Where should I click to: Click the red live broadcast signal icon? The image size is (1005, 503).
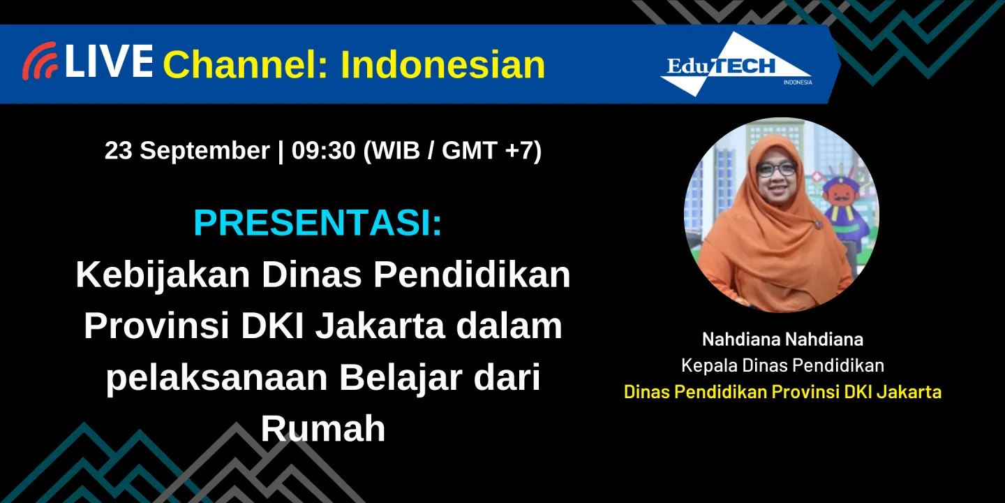pyautogui.click(x=40, y=61)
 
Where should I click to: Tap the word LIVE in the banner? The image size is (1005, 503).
pyautogui.click(x=109, y=61)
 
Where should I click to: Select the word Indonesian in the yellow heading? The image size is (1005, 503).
pyautogui.click(x=442, y=65)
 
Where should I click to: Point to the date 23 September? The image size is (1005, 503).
pyautogui.click(x=187, y=150)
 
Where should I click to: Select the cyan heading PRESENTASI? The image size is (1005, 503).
pyautogui.click(x=318, y=223)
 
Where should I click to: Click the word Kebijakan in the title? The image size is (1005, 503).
pyautogui.click(x=162, y=275)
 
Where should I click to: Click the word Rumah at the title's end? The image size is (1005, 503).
pyautogui.click(x=322, y=429)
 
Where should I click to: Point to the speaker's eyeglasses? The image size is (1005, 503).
pyautogui.click(x=776, y=169)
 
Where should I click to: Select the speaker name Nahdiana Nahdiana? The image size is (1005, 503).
pyautogui.click(x=782, y=340)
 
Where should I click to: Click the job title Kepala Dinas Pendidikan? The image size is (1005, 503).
pyautogui.click(x=782, y=365)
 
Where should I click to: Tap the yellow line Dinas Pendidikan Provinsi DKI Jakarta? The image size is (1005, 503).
pyautogui.click(x=782, y=392)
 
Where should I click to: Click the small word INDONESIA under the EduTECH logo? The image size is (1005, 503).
pyautogui.click(x=797, y=82)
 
